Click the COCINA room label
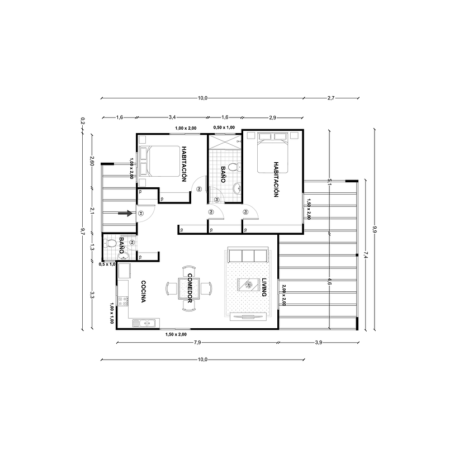tap(143, 291)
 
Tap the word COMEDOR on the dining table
tap(190, 289)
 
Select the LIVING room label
tap(264, 287)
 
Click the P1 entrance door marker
tap(141, 213)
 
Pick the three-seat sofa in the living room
tap(248, 256)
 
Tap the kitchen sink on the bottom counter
tap(147, 322)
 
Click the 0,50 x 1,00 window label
tap(224, 127)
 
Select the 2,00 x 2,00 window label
tap(283, 295)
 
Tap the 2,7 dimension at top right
tap(330, 98)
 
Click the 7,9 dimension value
tap(197, 342)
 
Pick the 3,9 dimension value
tap(318, 342)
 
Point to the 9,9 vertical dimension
tap(373, 229)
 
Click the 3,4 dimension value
tap(172, 117)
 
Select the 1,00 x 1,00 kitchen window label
tap(112, 314)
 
